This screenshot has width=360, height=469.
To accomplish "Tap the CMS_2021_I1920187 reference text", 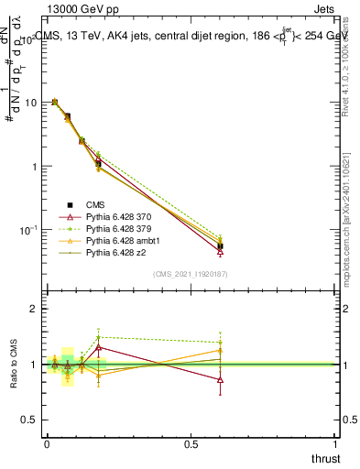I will tap(190, 273).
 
